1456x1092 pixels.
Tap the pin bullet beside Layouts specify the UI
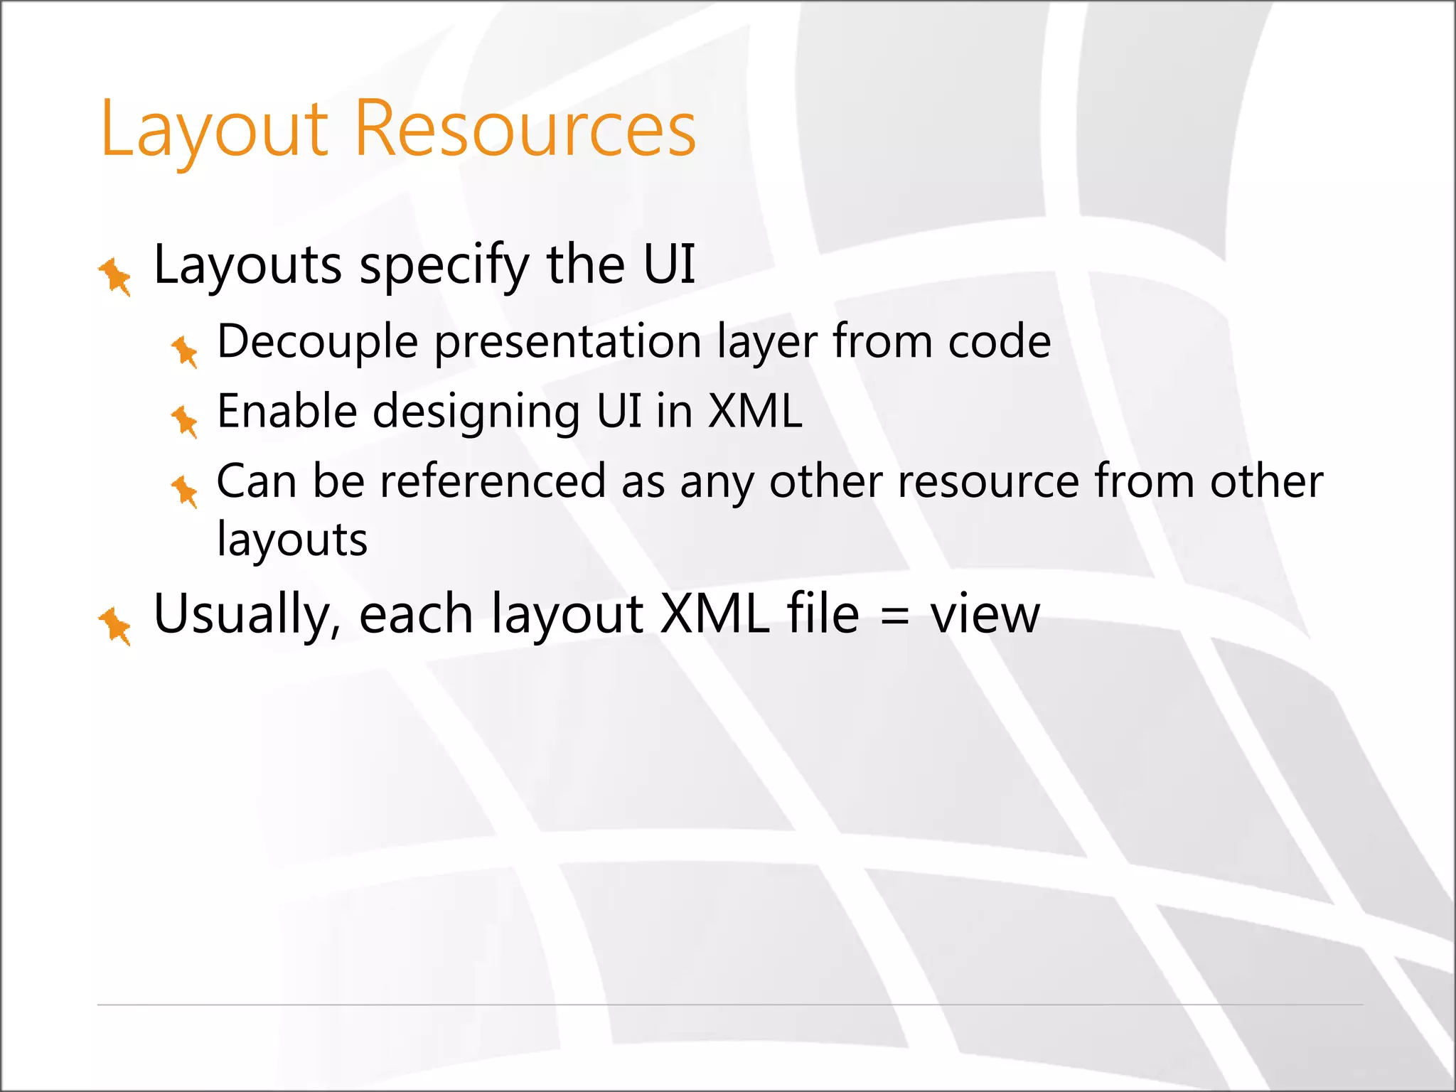tap(115, 276)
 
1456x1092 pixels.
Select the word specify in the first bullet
tap(444, 266)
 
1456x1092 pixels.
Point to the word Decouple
tap(317, 343)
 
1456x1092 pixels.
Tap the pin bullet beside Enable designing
tap(185, 421)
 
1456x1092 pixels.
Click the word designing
tap(476, 412)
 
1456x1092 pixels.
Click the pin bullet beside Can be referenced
tap(185, 491)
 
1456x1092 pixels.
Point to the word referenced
tap(493, 481)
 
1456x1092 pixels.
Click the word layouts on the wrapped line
tap(292, 540)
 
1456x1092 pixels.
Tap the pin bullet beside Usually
tap(115, 626)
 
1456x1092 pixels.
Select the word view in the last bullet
tap(985, 614)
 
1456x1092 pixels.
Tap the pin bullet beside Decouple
tap(185, 351)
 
